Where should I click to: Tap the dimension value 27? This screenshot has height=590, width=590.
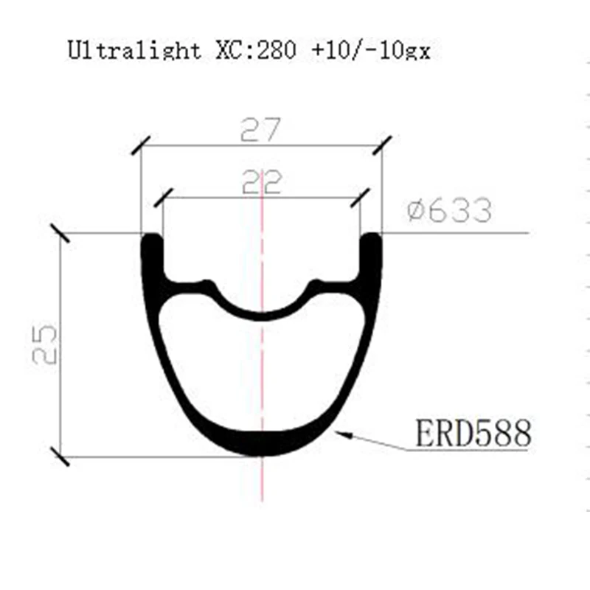click(262, 131)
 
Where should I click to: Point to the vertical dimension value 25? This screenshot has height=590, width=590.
click(46, 343)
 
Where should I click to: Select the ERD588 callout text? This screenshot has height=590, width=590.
click(472, 434)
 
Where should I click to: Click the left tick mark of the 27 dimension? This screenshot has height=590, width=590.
click(141, 145)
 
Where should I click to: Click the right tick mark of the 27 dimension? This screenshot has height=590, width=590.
click(382, 145)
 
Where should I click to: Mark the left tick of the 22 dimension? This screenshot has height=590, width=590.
click(164, 197)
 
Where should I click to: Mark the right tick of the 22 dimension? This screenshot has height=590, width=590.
click(360, 197)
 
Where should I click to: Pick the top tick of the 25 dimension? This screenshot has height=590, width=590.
click(59, 233)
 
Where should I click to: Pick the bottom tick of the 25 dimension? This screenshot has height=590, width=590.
click(59, 457)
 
